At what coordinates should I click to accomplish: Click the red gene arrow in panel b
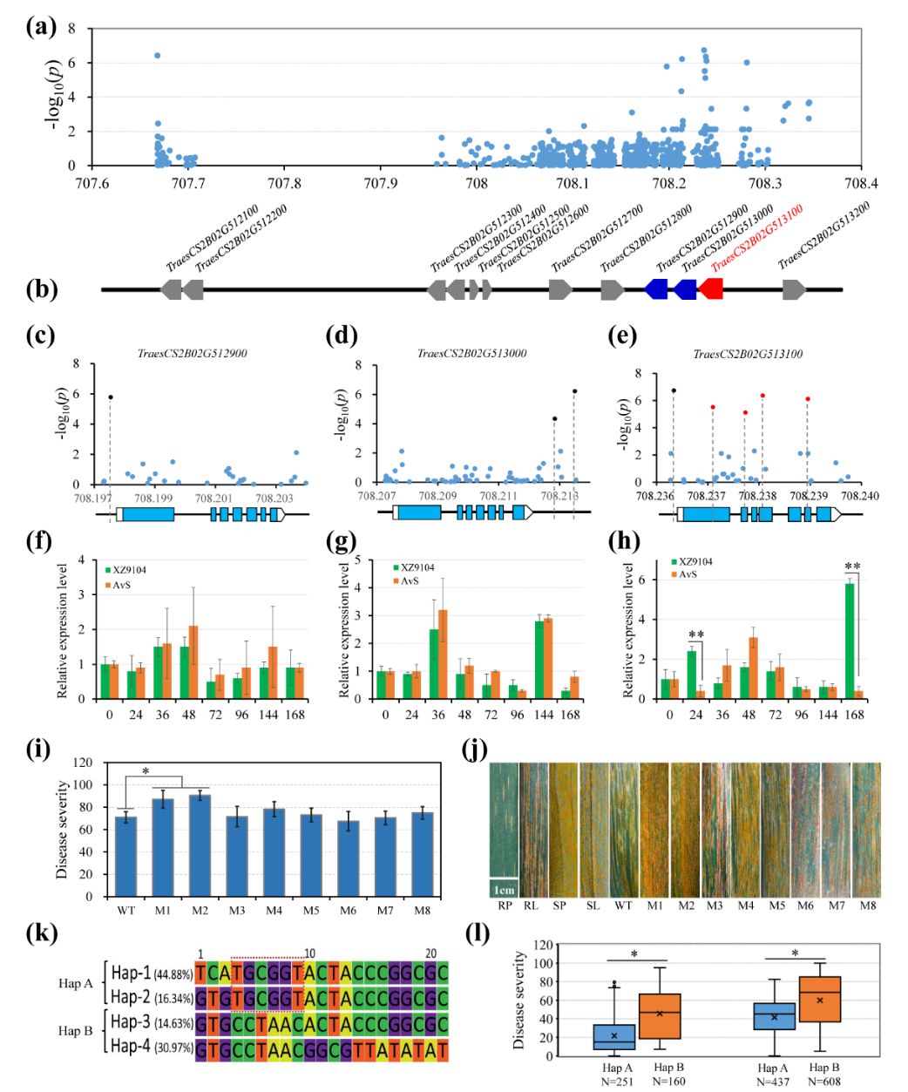(x=711, y=289)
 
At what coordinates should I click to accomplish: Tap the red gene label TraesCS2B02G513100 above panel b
(x=756, y=239)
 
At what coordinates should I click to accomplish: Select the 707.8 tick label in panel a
(x=284, y=184)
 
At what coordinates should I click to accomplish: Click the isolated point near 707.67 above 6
(x=158, y=56)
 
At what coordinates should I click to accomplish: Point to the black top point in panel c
(x=110, y=397)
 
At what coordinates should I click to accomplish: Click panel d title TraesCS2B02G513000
(x=471, y=354)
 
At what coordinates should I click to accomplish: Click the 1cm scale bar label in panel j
(x=505, y=890)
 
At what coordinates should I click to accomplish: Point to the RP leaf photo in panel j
(x=504, y=819)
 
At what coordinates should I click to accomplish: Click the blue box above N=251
(x=614, y=1037)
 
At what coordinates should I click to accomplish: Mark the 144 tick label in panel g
(x=545, y=715)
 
